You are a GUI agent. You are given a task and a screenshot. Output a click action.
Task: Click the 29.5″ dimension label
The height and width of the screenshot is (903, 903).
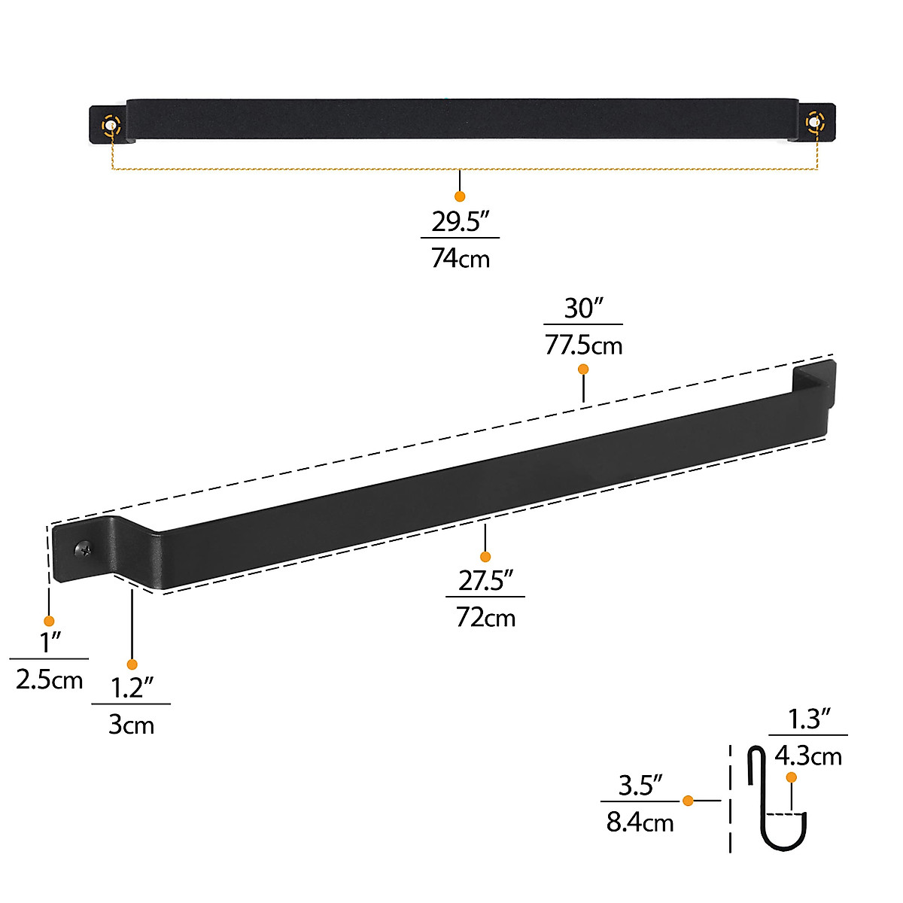point(460,222)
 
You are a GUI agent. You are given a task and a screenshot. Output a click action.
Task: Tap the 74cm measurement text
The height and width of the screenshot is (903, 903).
point(460,258)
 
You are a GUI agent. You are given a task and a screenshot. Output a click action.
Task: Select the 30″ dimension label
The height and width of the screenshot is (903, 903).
point(584,309)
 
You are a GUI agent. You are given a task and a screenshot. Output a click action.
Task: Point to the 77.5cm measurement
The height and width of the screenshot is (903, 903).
point(584,345)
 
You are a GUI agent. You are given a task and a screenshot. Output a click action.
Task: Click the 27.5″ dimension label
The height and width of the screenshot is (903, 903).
point(485,581)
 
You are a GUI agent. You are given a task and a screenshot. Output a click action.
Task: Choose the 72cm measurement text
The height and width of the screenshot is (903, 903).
point(485,618)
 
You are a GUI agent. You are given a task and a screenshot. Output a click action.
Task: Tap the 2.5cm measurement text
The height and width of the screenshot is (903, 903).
point(49,680)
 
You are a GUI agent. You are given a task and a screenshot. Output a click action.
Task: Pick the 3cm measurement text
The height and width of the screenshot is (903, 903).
point(131,725)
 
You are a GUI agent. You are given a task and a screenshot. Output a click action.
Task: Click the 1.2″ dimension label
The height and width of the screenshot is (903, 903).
point(132,688)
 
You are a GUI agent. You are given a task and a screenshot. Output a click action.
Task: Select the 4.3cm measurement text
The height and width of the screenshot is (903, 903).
point(808,756)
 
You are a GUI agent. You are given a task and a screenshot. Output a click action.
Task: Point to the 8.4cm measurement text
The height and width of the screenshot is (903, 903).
point(640,822)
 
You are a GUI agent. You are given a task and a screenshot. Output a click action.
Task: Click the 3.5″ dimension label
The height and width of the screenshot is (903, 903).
point(640,786)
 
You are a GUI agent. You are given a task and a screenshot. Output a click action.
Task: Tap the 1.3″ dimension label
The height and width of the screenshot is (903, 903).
point(808,719)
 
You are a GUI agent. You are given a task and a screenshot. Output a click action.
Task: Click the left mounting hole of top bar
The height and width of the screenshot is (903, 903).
point(111,124)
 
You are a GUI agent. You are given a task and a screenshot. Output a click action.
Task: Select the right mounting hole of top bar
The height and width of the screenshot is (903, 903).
point(815,121)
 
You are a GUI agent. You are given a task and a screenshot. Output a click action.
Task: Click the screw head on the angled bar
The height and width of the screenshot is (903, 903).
point(84,549)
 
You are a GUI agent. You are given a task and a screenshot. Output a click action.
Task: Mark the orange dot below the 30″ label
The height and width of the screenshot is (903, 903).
point(583,369)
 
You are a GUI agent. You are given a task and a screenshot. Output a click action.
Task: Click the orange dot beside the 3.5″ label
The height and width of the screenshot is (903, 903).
point(688,801)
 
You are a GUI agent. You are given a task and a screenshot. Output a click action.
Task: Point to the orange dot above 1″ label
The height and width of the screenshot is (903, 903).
point(49,621)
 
